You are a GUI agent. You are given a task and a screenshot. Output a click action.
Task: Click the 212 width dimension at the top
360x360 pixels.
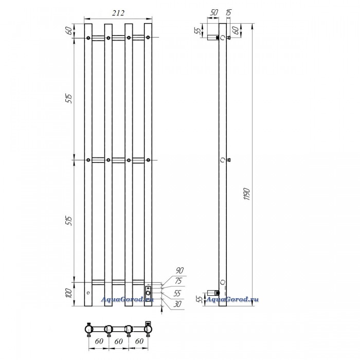pos(118,13)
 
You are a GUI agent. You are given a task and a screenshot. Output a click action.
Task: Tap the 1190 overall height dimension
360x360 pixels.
pos(247,194)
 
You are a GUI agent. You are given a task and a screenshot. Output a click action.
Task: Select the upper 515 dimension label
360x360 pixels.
pos(69,99)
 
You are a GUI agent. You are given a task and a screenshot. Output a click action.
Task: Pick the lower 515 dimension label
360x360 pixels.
pos(69,221)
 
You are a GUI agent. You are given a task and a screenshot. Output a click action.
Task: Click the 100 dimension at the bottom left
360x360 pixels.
pos(69,293)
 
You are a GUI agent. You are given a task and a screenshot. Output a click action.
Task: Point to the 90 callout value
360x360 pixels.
pos(179,271)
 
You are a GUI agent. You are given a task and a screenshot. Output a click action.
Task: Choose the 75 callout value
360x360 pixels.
pos(178,281)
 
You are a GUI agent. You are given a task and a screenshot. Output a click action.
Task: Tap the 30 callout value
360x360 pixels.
pos(177,304)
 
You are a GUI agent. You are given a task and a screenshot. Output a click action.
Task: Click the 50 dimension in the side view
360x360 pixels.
pos(214,12)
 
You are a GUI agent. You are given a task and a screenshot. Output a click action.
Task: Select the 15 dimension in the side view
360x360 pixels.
pos(229,12)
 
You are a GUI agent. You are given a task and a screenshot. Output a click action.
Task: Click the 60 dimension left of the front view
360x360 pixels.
pos(69,30)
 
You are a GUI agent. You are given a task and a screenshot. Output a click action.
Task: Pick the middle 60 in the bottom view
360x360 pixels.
pos(118,341)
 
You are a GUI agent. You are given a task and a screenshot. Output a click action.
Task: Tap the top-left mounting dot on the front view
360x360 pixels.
pos(88,38)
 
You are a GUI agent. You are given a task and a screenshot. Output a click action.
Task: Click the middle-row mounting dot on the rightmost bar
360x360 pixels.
pos(148,160)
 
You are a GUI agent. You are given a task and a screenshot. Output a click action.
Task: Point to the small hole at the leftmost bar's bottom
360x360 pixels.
pos(88,293)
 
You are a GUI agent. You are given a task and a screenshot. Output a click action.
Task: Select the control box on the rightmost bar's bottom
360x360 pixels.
pos(148,291)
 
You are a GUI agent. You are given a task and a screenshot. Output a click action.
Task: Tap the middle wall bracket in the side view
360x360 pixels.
pos(228,160)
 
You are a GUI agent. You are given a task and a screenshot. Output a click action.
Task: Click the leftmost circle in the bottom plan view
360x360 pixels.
pos(88,330)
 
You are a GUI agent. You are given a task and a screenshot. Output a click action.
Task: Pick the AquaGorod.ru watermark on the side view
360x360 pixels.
pos(232,299)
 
